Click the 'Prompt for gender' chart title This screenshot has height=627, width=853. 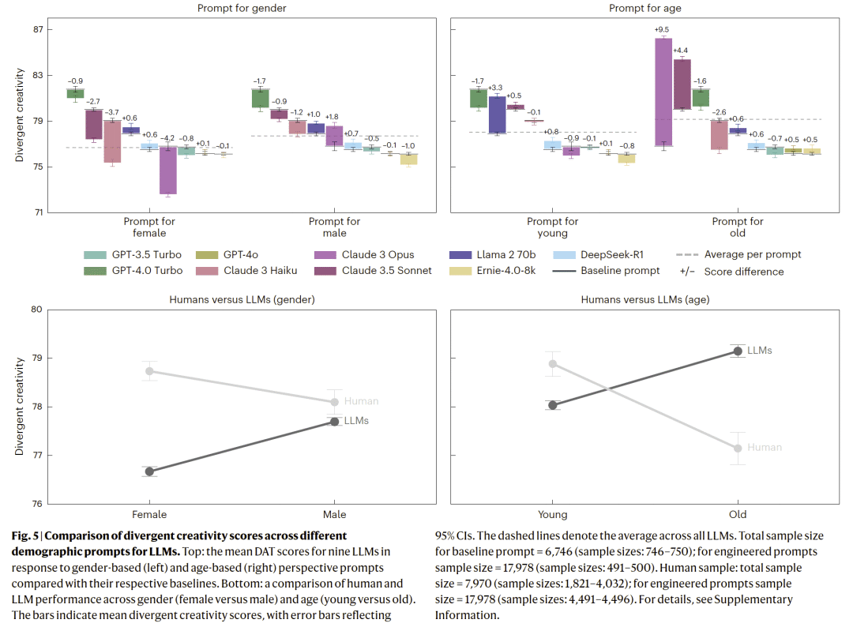click(x=242, y=8)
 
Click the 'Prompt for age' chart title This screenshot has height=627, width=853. click(x=644, y=8)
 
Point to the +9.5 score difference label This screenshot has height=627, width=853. click(x=662, y=31)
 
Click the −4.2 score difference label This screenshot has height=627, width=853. click(x=167, y=139)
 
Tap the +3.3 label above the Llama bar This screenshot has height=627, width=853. click(x=496, y=88)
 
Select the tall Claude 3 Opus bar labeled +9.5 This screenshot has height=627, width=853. click(x=663, y=92)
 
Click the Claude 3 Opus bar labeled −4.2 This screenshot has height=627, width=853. click(x=167, y=170)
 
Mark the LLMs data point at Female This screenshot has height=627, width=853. click(x=150, y=471)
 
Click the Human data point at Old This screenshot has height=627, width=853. click(x=738, y=448)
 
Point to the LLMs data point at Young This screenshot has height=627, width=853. click(x=553, y=405)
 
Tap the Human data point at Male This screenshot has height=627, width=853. click(x=335, y=402)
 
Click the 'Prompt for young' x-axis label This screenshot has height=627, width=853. click(x=552, y=227)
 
